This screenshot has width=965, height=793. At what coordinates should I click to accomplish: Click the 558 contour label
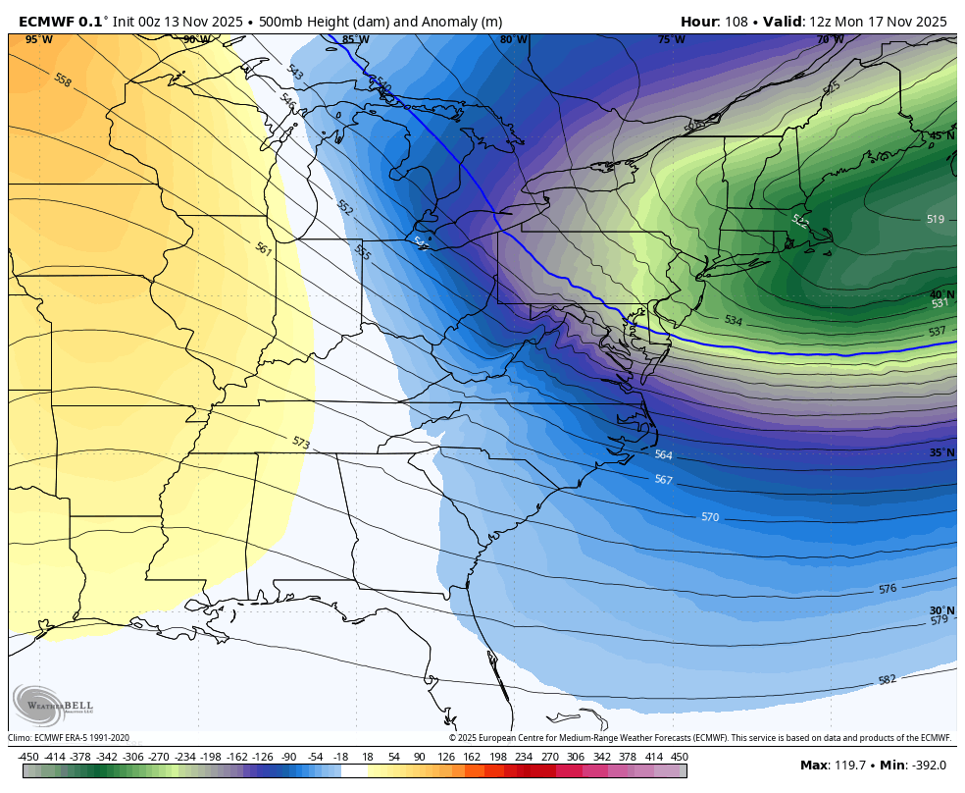[x=63, y=80]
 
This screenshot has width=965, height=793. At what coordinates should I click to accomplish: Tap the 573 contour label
[x=301, y=443]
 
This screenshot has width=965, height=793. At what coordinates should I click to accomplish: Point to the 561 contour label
[x=264, y=250]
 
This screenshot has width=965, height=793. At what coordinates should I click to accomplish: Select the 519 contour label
[x=935, y=220]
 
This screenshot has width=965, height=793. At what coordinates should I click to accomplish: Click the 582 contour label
[x=888, y=679]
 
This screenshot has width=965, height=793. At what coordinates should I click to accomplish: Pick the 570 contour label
[x=710, y=516]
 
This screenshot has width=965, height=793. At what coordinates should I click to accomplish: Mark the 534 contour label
[x=733, y=321]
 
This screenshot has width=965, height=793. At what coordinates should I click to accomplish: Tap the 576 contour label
[x=888, y=589]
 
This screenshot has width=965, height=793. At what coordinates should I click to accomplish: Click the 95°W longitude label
[x=39, y=39]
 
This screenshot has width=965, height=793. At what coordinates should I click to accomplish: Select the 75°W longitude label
[x=671, y=39]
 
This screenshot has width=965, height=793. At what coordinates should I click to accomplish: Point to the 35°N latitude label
[x=941, y=452]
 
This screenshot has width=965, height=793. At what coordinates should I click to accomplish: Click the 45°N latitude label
[x=941, y=135]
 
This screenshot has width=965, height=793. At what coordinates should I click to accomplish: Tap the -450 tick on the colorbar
[x=29, y=757]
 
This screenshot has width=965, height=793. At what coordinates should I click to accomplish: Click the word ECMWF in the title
[x=46, y=21]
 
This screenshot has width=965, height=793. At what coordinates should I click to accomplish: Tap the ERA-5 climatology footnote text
[x=69, y=738]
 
